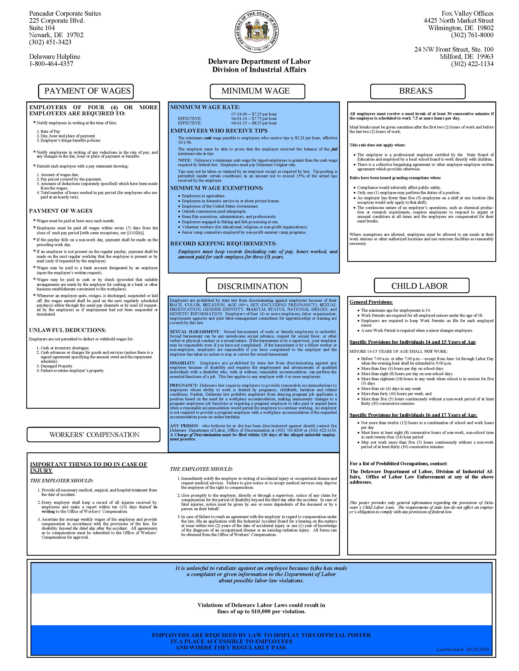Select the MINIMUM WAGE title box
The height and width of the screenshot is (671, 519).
point(257,91)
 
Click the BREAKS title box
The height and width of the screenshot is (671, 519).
point(417,91)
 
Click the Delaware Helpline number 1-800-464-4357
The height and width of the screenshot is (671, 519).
point(51,64)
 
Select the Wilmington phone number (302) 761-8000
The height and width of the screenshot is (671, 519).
point(472,35)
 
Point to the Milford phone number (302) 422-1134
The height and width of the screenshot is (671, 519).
point(472,64)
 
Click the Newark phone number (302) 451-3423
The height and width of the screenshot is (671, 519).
point(50,42)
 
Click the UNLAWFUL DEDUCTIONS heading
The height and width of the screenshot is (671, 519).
point(68,330)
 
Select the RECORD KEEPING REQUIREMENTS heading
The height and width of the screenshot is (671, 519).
point(223,244)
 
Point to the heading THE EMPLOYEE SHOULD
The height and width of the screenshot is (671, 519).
point(201,469)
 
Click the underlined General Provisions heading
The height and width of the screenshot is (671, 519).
point(371,302)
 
